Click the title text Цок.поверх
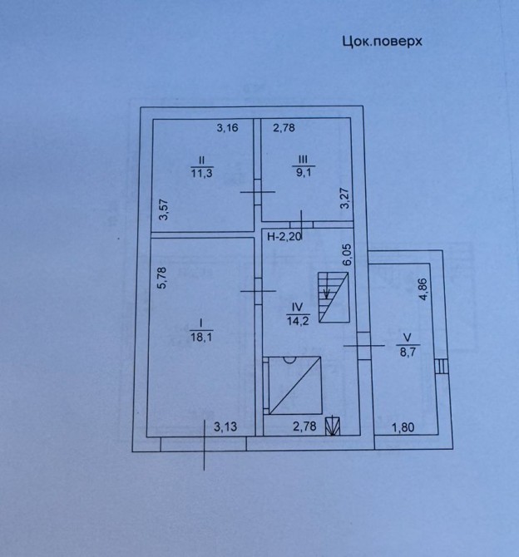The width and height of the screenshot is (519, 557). pos(382,42)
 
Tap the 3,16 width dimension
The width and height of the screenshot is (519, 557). pos(228,127)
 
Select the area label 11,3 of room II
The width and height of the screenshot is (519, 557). pos(202,174)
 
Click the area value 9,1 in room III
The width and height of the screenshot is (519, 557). pos(304,174)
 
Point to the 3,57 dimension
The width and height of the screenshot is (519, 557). pos(164,209)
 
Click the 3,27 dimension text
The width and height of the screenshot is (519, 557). pos(345,198)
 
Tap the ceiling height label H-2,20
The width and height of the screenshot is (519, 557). pos(284,236)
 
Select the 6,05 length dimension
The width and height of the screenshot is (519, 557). pos(348,254)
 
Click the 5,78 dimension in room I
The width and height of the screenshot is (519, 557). pos(161,278)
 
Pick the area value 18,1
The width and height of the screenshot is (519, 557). pos(201,337)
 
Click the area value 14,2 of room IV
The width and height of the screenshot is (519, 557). pos(298,321)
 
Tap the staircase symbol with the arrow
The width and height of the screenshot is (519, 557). pos(334,298)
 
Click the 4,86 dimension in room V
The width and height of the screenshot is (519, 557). pos(424,289)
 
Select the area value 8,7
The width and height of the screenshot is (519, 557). pos(408,352)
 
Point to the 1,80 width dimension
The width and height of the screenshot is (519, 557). pos(403,427)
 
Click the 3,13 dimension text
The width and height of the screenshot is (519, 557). pos(225,426)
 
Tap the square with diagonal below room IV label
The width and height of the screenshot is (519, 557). pos(295,386)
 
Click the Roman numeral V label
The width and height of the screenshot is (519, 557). pos(408,337)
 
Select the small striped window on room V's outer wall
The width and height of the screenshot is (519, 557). pos(441,366)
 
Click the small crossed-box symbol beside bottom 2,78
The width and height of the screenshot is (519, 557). pos(333,426)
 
